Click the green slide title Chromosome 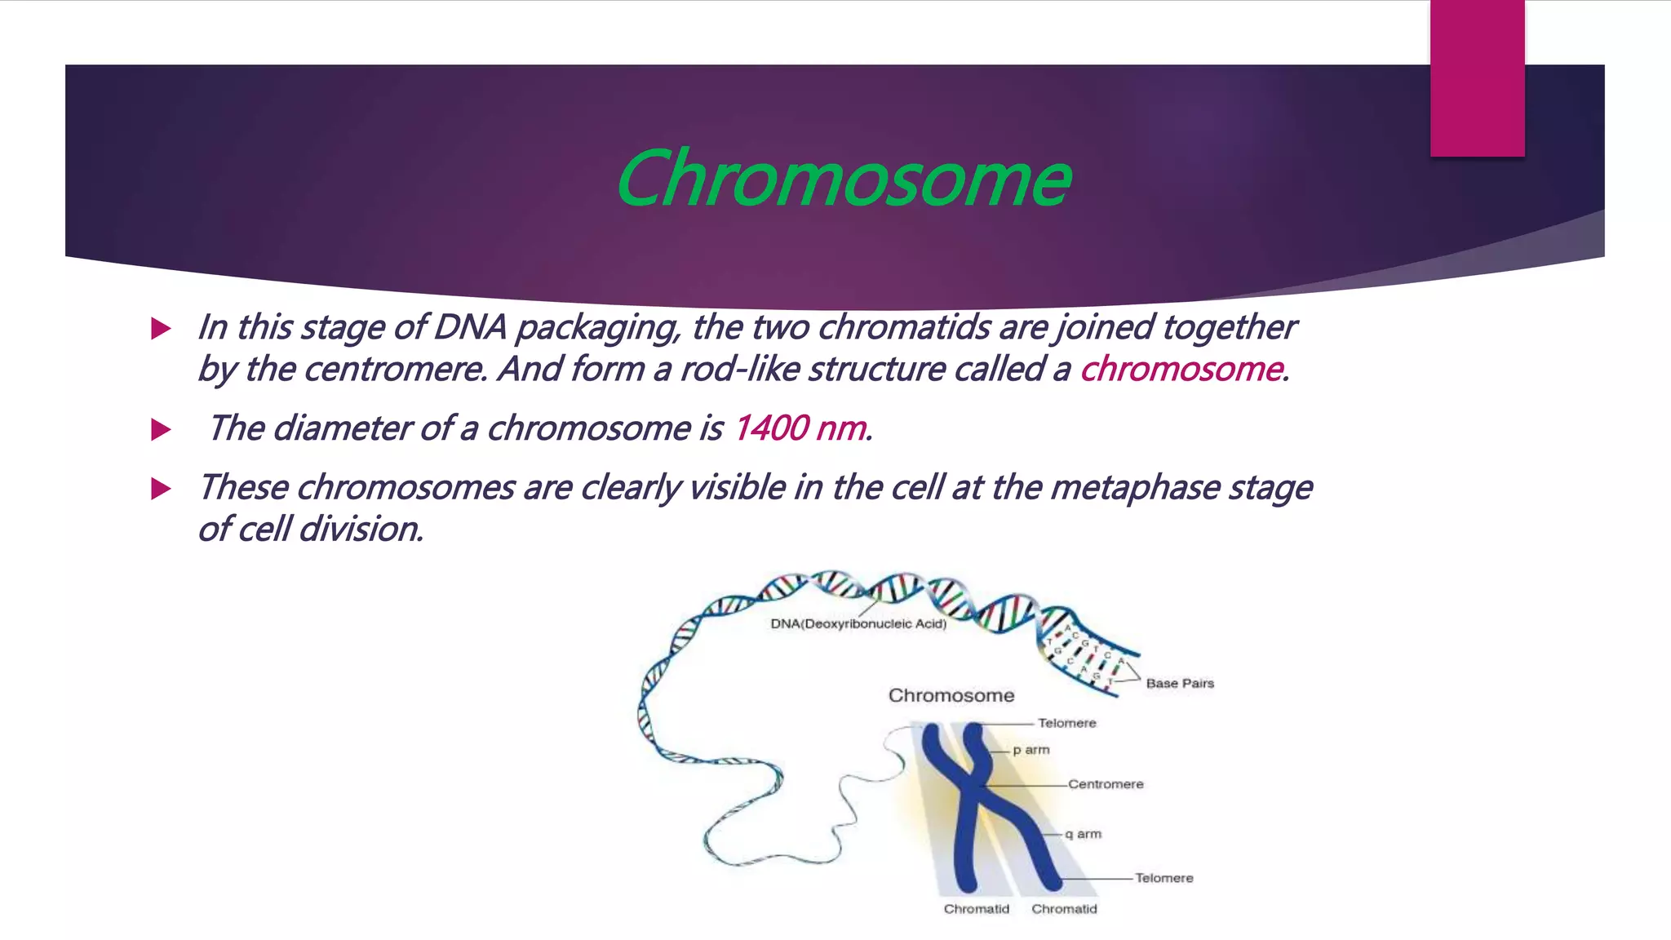(x=843, y=180)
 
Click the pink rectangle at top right (x=1477, y=78)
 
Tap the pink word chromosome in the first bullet (x=1181, y=370)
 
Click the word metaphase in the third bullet (x=1134, y=488)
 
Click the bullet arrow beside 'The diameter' (x=161, y=429)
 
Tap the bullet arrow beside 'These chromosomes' (x=161, y=489)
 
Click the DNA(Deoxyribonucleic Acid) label (x=858, y=624)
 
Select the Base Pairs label (x=1180, y=684)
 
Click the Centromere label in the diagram (x=1106, y=784)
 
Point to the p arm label (x=1031, y=750)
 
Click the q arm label (x=1084, y=834)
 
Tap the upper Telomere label (x=1066, y=723)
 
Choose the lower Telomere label (x=1163, y=878)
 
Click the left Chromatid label (x=976, y=909)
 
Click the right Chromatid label (x=1064, y=909)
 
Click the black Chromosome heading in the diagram (x=951, y=696)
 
